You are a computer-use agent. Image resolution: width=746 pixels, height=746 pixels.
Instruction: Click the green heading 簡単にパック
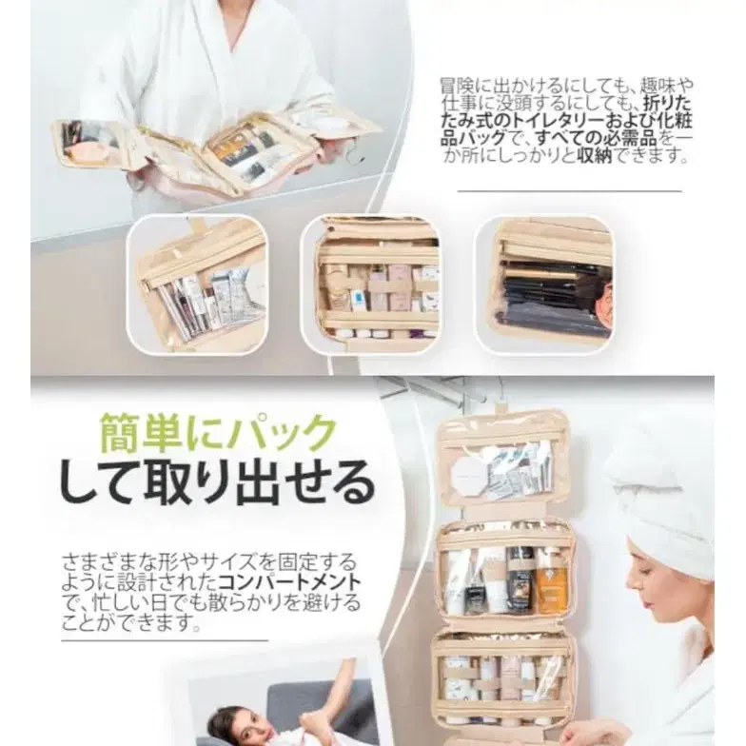pos(219,434)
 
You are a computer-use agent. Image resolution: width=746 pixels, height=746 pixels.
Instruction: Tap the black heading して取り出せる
pos(217,482)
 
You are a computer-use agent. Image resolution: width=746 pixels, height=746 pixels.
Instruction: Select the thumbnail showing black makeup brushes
pos(544,285)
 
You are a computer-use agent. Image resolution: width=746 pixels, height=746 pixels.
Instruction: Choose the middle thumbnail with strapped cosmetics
pos(371,285)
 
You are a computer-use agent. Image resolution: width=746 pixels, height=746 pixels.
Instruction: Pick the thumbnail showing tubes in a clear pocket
pos(198,285)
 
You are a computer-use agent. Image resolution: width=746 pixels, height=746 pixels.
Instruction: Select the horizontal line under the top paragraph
pos(569,191)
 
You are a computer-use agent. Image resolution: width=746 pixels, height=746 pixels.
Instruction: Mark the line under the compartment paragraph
pos(165,640)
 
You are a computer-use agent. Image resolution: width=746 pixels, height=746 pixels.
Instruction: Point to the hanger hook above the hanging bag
pos(497,402)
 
